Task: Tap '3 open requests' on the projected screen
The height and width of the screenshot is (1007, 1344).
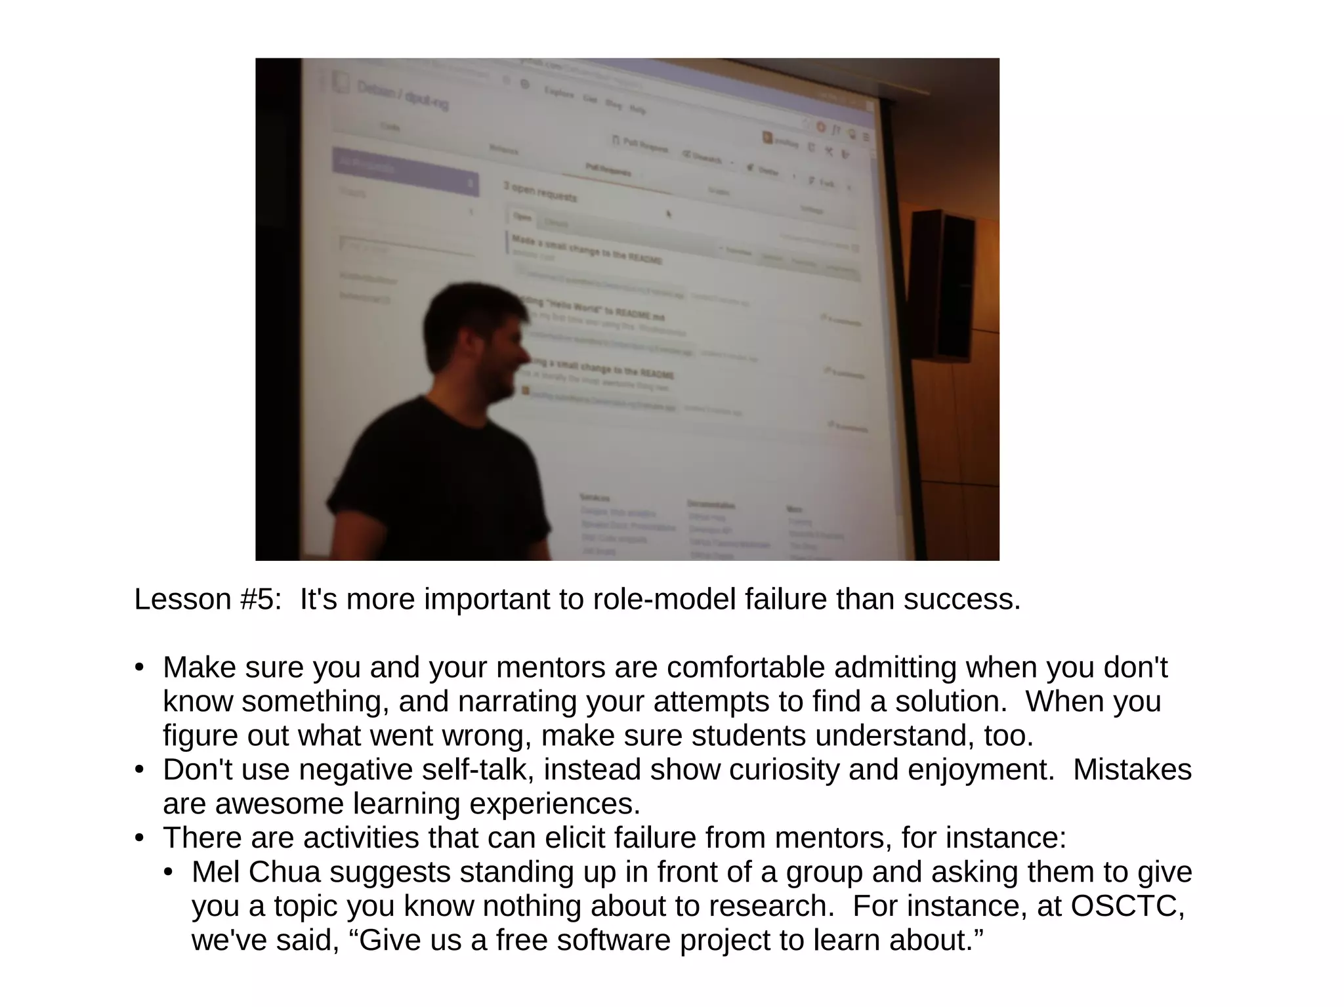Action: click(x=540, y=192)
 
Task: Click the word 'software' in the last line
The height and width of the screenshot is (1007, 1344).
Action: click(x=613, y=941)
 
